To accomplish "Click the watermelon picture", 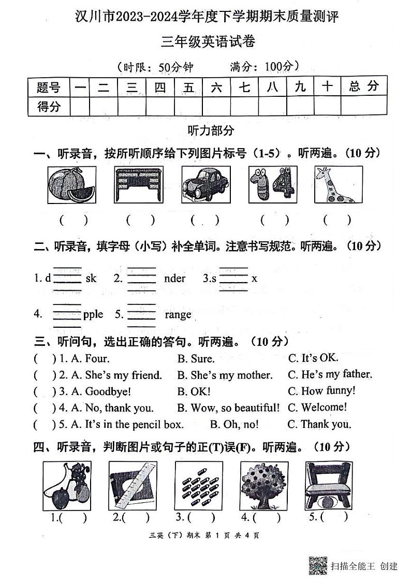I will [x=71, y=185].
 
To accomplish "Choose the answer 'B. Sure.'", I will [x=196, y=358].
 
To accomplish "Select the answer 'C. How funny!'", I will [x=321, y=390].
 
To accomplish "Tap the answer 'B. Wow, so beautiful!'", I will [x=228, y=408].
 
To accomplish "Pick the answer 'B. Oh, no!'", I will [x=234, y=425].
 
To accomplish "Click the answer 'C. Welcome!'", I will [x=317, y=407].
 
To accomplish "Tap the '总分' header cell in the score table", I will [x=363, y=86].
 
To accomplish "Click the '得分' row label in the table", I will [x=49, y=107].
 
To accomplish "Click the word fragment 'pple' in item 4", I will [x=93, y=314].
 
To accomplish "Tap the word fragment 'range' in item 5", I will [x=178, y=314].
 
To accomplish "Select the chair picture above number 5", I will [x=325, y=485].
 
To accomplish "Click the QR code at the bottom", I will [x=318, y=565].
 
